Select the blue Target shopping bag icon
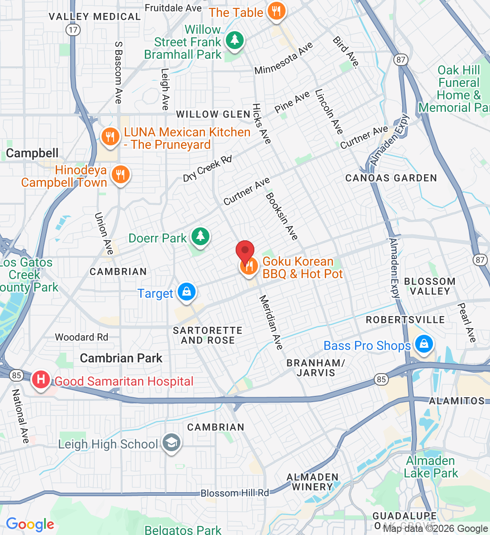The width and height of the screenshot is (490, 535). [x=187, y=292]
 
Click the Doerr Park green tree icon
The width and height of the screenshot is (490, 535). [x=200, y=236]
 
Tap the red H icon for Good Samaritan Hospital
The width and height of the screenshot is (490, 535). [x=41, y=380]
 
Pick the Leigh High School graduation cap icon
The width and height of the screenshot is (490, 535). [x=171, y=443]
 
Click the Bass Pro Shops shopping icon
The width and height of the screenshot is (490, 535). [x=424, y=345]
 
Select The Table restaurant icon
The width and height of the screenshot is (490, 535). [x=276, y=12]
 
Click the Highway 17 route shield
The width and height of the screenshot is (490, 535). [x=73, y=30]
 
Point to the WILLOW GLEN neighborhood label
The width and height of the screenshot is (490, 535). [x=213, y=114]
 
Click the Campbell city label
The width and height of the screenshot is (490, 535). [x=32, y=153]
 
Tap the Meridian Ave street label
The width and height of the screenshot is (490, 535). [x=271, y=322]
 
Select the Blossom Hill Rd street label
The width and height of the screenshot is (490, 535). [x=235, y=493]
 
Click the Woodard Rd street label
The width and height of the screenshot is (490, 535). [x=82, y=337]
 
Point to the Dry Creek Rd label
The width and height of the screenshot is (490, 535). [x=208, y=169]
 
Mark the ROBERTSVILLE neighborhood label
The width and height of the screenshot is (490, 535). [x=405, y=320]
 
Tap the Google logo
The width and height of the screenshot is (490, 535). [x=30, y=524]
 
